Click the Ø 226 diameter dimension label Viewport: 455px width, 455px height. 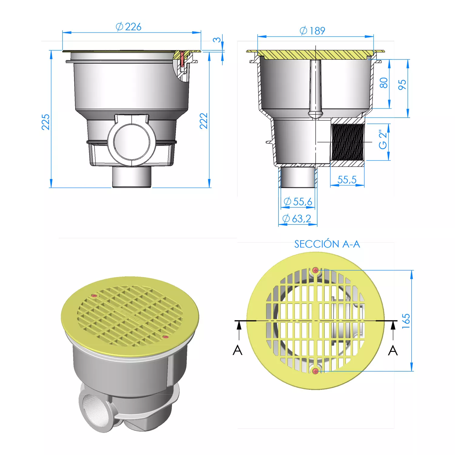pyautogui.click(x=129, y=27)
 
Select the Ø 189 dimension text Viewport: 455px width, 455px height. pyautogui.click(x=312, y=31)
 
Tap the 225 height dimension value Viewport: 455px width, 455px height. pyautogui.click(x=45, y=122)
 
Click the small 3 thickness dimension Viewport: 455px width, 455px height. pyautogui.click(x=217, y=40)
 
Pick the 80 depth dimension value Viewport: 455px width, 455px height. pyautogui.click(x=384, y=83)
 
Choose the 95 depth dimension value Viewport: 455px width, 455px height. pyautogui.click(x=402, y=85)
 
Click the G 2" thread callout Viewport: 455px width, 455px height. pyautogui.click(x=383, y=140)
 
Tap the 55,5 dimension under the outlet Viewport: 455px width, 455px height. pyautogui.click(x=347, y=180)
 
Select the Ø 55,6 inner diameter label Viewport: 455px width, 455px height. pyautogui.click(x=298, y=201)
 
